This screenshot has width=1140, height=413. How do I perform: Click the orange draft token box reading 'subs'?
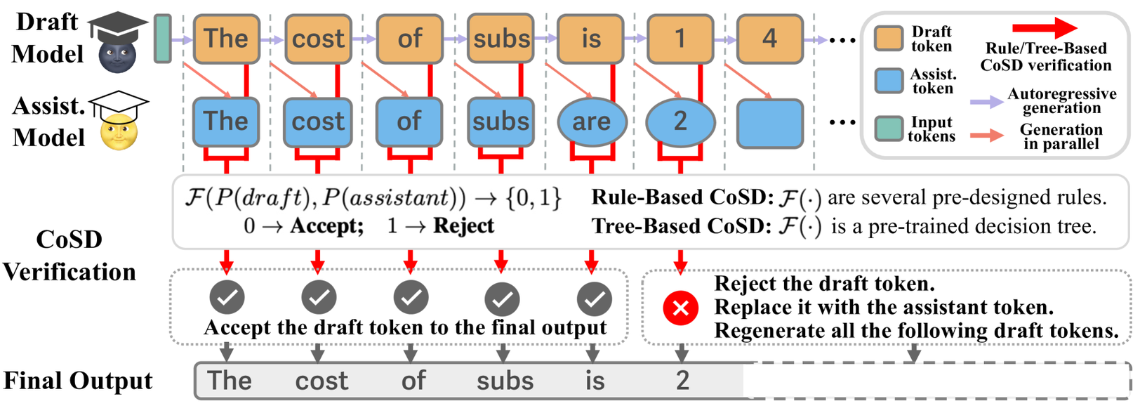pos(501,38)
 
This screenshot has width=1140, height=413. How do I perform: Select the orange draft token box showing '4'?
pos(769,39)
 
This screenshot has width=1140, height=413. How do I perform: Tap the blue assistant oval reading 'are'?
pos(591,122)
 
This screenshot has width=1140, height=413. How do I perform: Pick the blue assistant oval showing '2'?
pos(680,122)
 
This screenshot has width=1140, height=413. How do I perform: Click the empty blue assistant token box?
pos(769,124)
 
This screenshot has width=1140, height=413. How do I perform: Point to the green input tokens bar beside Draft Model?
pos(162,39)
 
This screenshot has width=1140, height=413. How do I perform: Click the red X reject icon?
pos(680,308)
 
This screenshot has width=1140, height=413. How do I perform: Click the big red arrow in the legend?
pos(1044,28)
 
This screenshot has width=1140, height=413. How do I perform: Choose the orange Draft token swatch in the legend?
pos(889,39)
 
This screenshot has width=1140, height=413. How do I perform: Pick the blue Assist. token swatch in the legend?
pos(889,81)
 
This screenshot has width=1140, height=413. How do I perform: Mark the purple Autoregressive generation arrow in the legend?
pos(986,102)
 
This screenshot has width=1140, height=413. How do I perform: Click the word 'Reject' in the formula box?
pos(463,226)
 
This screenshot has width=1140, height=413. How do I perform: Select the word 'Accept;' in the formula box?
pos(327,226)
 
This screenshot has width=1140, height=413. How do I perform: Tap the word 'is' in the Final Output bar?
pos(595,381)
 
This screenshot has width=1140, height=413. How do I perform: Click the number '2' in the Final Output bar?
pos(682,381)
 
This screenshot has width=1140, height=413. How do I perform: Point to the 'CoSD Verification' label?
pos(69,256)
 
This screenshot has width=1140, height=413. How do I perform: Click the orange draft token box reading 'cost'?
pos(318,39)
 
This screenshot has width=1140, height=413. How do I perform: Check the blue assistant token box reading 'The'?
pos(225,122)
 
